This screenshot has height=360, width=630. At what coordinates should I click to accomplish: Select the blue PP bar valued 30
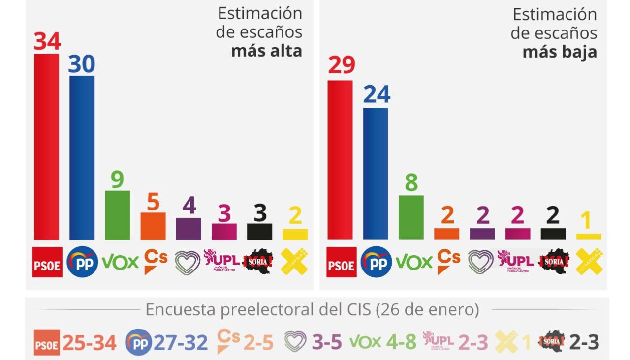[82, 157]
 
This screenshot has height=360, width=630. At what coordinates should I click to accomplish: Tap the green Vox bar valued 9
[117, 215]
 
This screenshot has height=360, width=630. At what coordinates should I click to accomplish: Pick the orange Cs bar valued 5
[153, 226]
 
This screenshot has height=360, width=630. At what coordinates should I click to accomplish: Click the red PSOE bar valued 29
[340, 160]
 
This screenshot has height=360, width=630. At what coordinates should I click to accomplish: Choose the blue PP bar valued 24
[376, 173]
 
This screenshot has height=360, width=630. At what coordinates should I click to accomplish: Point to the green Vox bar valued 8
[411, 217]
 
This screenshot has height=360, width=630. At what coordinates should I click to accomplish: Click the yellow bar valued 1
[589, 237]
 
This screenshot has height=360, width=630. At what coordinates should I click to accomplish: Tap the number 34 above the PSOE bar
[47, 41]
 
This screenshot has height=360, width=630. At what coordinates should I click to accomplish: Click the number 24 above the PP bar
[377, 94]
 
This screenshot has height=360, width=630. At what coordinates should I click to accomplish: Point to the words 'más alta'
[266, 50]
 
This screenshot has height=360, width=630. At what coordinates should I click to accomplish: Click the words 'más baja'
[560, 52]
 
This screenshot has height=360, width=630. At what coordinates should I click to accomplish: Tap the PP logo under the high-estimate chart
[82, 262]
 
